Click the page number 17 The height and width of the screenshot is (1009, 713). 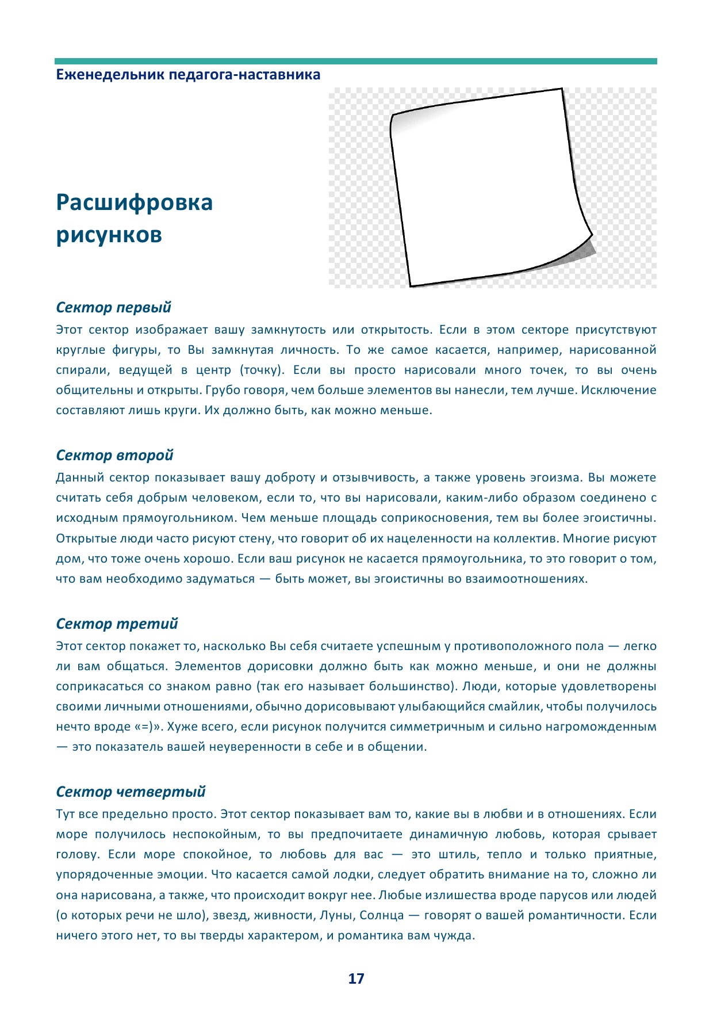coord(356,979)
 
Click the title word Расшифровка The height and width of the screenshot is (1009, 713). coord(135,202)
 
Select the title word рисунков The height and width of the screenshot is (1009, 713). coord(109,235)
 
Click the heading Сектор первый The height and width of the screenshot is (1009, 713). coord(114,308)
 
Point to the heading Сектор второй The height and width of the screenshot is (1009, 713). coord(115,456)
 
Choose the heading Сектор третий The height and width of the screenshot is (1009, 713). coord(117,624)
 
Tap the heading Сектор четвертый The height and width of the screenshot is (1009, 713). coord(131,792)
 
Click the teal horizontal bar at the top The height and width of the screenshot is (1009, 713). coord(356,61)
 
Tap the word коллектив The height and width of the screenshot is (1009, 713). coord(526,539)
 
